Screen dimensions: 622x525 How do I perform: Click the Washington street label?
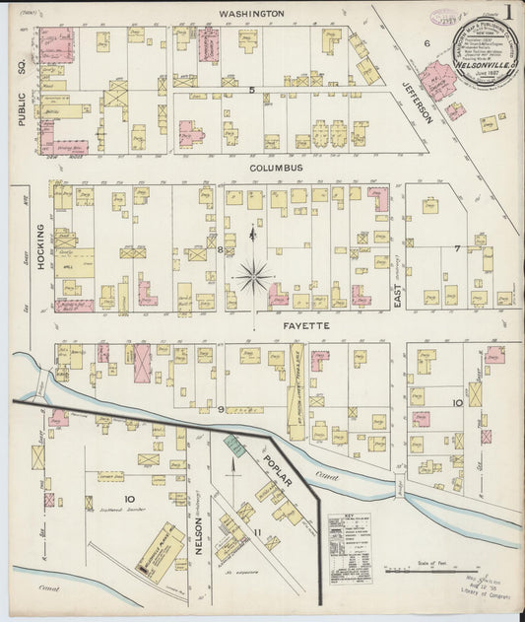(251, 14)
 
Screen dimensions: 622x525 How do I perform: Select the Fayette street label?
(280, 323)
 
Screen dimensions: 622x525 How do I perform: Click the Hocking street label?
(41, 251)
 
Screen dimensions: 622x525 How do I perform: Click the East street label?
(399, 293)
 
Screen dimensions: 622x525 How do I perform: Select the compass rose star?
(253, 275)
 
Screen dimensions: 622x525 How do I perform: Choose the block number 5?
(251, 91)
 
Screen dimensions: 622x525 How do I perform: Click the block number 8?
(220, 250)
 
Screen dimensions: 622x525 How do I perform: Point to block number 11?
(258, 533)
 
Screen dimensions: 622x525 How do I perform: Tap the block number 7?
(457, 248)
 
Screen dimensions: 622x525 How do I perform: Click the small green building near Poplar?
(234, 446)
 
